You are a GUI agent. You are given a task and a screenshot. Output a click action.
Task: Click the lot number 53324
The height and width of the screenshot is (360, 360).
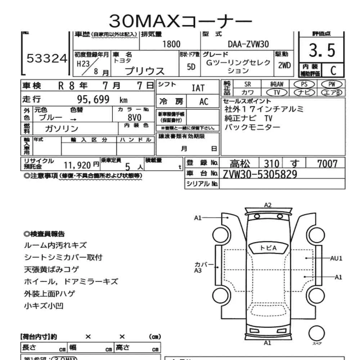point(47,59)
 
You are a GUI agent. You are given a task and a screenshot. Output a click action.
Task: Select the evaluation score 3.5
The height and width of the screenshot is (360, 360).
point(322,51)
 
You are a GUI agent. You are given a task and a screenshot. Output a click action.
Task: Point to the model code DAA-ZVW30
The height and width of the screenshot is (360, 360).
point(248,44)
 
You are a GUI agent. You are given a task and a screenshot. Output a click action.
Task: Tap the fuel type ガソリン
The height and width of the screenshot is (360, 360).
point(62,129)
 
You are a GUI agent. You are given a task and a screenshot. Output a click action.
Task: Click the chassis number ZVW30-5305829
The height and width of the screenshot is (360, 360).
point(260,174)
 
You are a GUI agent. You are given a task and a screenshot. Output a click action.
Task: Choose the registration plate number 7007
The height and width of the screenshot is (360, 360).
point(327,164)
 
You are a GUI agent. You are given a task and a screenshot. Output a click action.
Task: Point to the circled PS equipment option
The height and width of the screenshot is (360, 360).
point(304,84)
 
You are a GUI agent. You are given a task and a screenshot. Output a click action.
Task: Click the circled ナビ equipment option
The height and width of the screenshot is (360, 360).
point(304,92)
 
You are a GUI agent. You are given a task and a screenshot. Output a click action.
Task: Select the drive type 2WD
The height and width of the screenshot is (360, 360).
point(285,66)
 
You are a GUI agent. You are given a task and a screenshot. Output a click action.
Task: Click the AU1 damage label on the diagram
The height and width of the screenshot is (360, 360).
point(336,258)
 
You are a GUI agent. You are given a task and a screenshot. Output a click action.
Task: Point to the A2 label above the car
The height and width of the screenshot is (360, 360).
point(267,205)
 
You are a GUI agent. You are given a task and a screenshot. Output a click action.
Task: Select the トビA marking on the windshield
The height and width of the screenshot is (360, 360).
point(268,248)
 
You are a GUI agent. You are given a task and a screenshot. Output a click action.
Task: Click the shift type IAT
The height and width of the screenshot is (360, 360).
point(198,88)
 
